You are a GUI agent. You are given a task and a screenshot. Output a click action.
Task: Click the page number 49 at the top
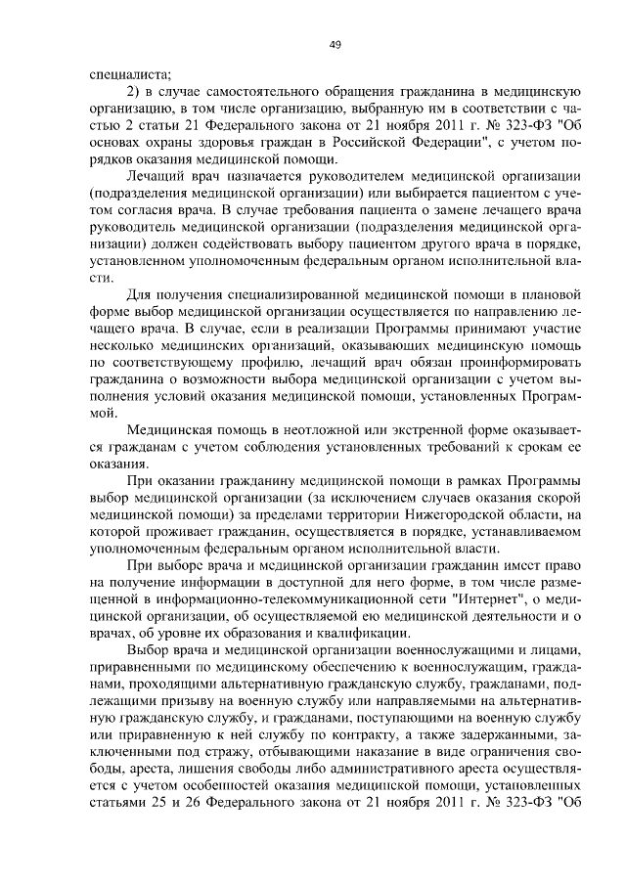tap(335, 43)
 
